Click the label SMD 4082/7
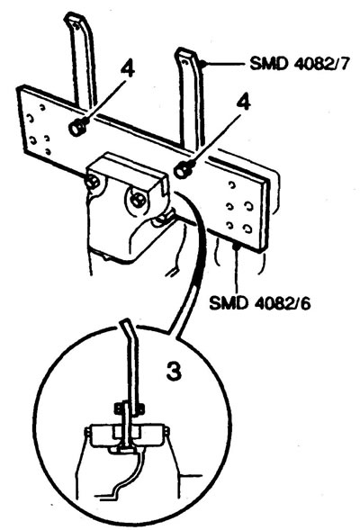[299, 63]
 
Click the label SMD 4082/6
[259, 302]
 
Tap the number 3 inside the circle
[174, 371]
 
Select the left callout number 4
[128, 68]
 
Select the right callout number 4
[243, 102]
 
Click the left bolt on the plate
[77, 128]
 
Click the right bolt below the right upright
[183, 169]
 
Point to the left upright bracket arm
[81, 61]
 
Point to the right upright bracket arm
[192, 98]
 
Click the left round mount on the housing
[92, 183]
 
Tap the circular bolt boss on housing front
[138, 200]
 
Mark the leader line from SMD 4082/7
[224, 63]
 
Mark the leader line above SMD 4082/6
[237, 269]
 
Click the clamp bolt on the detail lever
[130, 409]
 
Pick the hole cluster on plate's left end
[39, 130]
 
